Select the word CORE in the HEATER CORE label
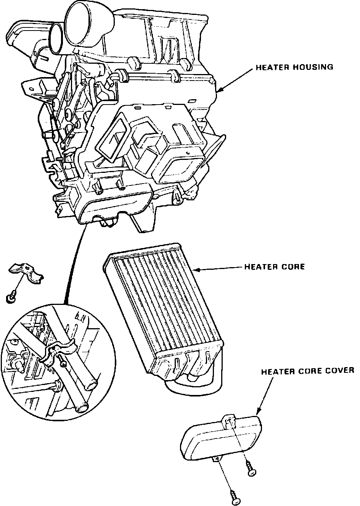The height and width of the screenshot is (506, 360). coord(293,267)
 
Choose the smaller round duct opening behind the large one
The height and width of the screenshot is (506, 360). coord(57,38)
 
